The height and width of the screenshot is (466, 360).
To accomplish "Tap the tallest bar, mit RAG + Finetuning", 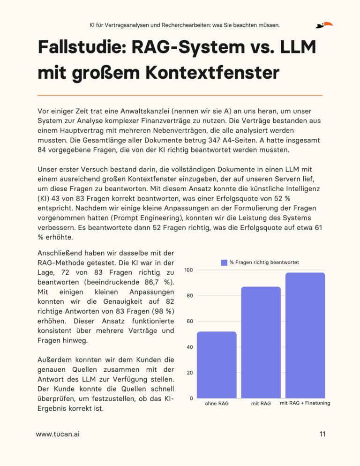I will coord(305,335).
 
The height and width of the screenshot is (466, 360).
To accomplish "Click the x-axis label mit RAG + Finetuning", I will coord(305,403).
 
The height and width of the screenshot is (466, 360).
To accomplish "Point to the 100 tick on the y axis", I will coord(188,270).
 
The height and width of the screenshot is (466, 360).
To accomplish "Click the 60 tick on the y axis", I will coord(188,322).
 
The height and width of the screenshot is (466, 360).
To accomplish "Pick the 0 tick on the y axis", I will coord(190,398).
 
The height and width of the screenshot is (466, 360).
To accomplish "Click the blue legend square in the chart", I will coord(224,262).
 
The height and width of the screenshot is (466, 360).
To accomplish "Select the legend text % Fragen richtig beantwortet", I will coord(264,262).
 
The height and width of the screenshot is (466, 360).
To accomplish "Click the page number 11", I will coord(322,434).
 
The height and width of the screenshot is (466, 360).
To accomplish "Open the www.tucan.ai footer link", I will coord(58,435).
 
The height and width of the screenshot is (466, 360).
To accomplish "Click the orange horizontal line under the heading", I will coord(180,95).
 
